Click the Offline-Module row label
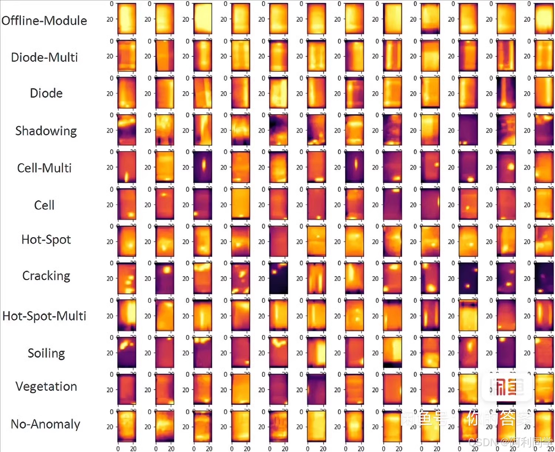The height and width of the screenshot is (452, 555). pyautogui.click(x=44, y=21)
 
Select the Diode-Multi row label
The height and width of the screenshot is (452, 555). pyautogui.click(x=44, y=57)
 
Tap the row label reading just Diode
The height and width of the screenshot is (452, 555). pyautogui.click(x=46, y=93)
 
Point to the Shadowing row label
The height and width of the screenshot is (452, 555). pyautogui.click(x=46, y=131)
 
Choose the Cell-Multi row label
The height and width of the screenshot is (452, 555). pyautogui.click(x=44, y=168)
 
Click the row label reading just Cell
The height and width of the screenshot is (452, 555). pyautogui.click(x=44, y=205)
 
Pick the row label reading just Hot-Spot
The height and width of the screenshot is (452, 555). pyautogui.click(x=46, y=240)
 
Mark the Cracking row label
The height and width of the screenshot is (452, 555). pyautogui.click(x=46, y=276)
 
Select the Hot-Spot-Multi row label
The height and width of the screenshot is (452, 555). pyautogui.click(x=44, y=316)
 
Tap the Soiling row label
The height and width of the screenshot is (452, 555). pyautogui.click(x=46, y=354)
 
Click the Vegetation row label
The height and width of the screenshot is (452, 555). pyautogui.click(x=46, y=386)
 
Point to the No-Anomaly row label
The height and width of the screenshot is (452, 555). pyautogui.click(x=46, y=424)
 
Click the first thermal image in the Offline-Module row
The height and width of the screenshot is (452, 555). pyautogui.click(x=127, y=19)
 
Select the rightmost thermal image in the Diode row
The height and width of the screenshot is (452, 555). pyautogui.click(x=544, y=93)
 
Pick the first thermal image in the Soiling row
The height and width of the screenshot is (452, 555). pyautogui.click(x=127, y=352)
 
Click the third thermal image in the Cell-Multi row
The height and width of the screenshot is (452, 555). pyautogui.click(x=203, y=167)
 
